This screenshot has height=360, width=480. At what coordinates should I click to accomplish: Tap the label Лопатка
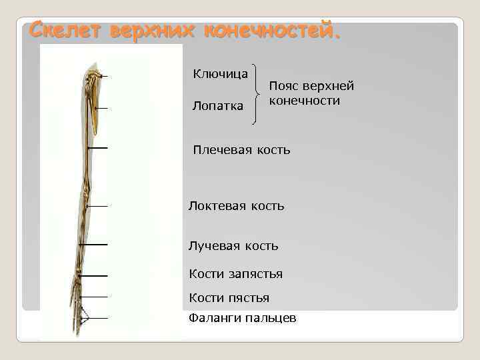tap(217, 106)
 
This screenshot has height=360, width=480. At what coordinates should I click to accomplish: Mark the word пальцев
tap(272, 319)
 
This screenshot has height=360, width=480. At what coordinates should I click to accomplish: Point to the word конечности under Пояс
tap(304, 101)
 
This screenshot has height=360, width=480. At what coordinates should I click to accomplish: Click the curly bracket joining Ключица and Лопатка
tap(257, 94)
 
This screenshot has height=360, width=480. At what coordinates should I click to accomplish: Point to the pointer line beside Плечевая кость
tap(98, 147)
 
